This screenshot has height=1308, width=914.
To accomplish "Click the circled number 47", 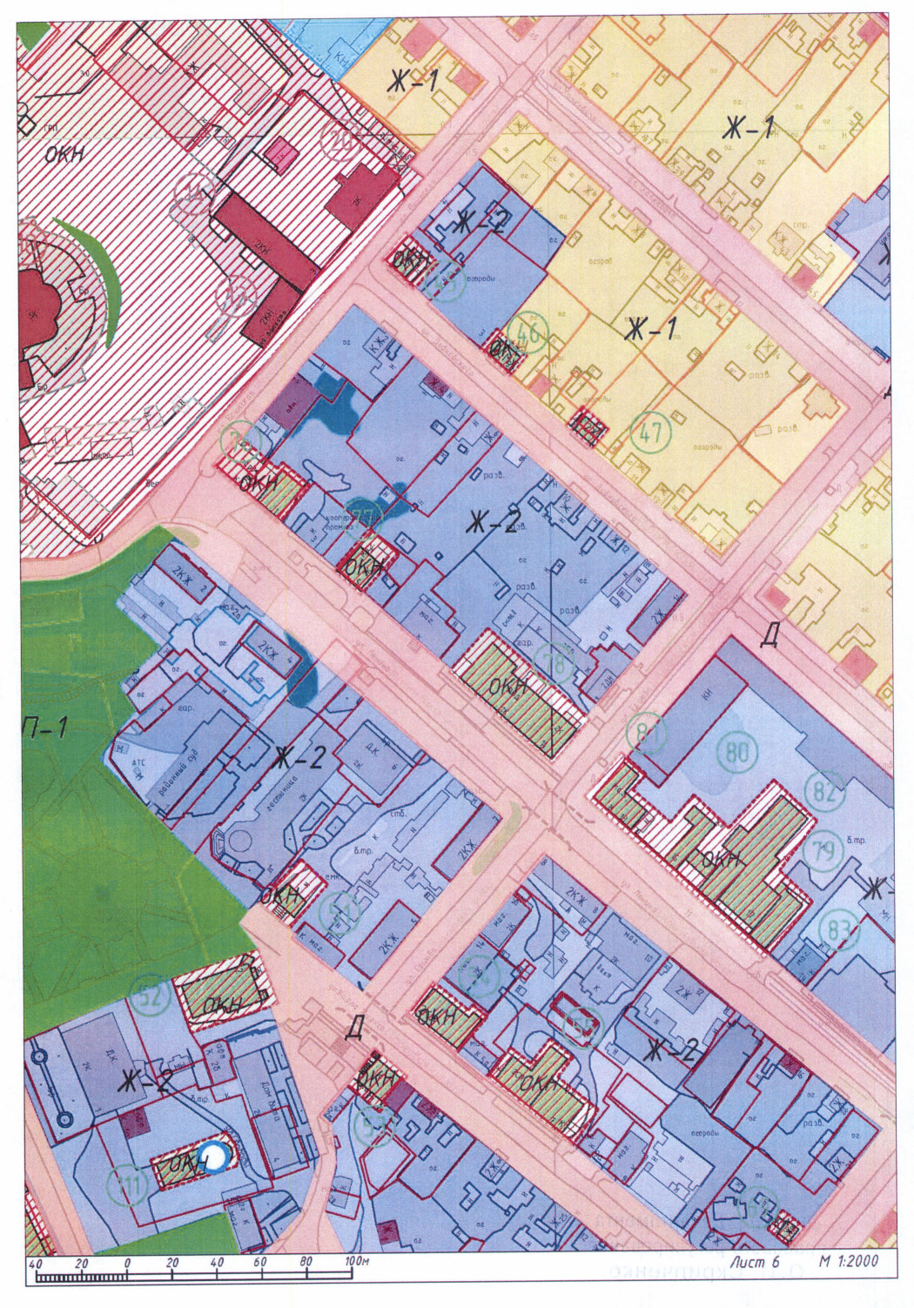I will (650, 433).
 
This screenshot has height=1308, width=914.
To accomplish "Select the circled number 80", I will (736, 751).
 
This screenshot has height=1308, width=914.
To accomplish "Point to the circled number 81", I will (645, 734).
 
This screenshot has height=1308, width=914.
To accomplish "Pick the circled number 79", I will (823, 851).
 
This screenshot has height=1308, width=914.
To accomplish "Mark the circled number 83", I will (839, 930).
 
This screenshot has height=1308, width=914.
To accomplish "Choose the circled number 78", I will (554, 662).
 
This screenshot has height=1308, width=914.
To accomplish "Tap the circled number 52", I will (151, 995).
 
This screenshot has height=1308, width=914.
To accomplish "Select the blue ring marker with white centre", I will (212, 1157).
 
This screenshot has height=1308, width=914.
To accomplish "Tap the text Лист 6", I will (755, 1260).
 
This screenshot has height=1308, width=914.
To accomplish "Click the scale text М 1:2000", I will (848, 1260).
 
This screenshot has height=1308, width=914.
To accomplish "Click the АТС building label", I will (139, 760).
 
